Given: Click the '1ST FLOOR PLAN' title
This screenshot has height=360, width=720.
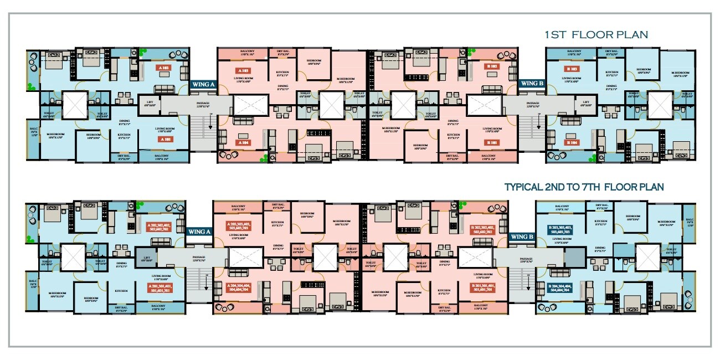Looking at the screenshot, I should (596, 35).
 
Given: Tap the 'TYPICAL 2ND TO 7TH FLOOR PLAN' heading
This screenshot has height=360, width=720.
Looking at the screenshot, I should (584, 187).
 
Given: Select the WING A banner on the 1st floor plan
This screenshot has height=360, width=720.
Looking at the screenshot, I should (203, 84).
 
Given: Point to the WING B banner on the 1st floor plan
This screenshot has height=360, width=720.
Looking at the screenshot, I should (532, 84).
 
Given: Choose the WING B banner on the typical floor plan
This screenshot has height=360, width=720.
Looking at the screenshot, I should (522, 236).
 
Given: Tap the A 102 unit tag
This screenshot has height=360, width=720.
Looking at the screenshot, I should (164, 68).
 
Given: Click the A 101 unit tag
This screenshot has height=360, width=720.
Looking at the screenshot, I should (165, 140).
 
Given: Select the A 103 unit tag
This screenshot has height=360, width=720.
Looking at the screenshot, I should (243, 71).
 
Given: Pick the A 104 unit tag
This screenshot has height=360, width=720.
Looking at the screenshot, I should (243, 142).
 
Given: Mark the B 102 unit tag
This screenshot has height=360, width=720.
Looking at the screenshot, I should (491, 66).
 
